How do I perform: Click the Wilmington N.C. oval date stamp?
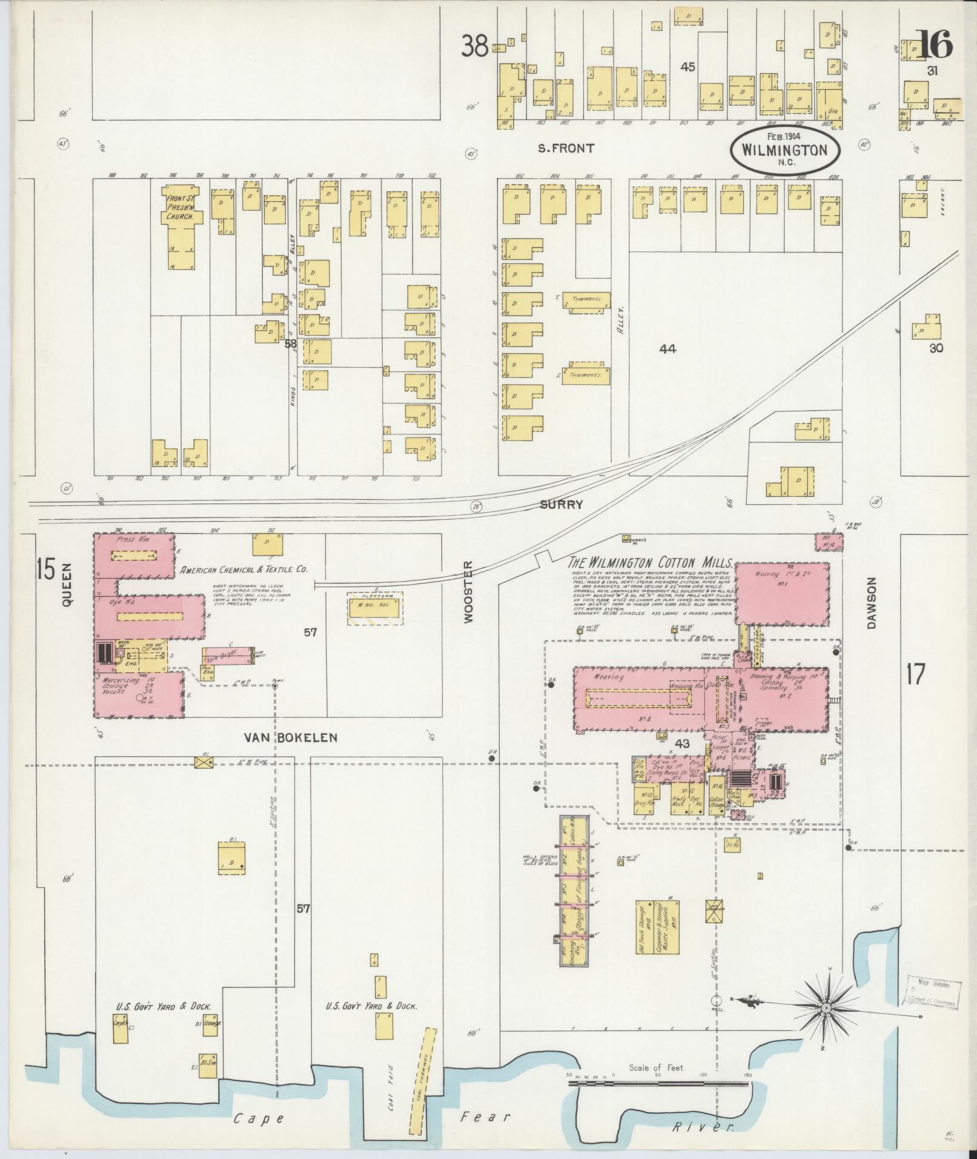[786, 150]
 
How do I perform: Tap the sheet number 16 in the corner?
[935, 45]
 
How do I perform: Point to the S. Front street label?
[566, 148]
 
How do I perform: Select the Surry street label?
[561, 504]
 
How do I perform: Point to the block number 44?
[668, 348]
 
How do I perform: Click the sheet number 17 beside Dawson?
[915, 674]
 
